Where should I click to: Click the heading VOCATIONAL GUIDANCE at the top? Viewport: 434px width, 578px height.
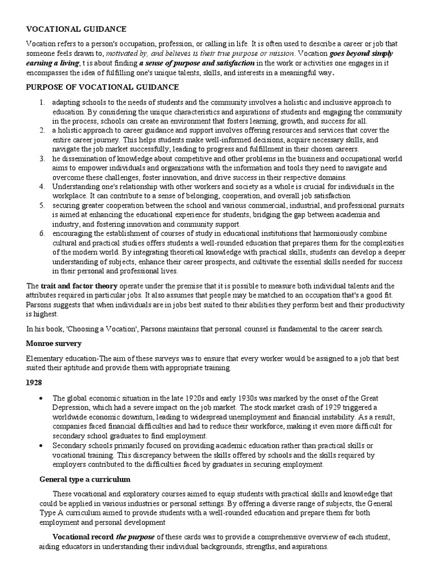76,29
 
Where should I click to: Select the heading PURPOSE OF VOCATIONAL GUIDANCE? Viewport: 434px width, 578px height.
102,87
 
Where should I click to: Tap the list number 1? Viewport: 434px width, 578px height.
42,102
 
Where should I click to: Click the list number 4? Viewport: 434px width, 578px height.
42,186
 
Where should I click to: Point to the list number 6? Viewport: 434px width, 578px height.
42,233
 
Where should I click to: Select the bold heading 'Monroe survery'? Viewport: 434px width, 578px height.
54,343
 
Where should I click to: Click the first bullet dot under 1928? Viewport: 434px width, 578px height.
42,397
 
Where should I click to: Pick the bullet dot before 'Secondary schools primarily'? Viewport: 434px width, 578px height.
42,445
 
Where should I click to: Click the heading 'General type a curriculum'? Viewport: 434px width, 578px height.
85,479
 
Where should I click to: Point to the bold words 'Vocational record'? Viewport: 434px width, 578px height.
83,536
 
